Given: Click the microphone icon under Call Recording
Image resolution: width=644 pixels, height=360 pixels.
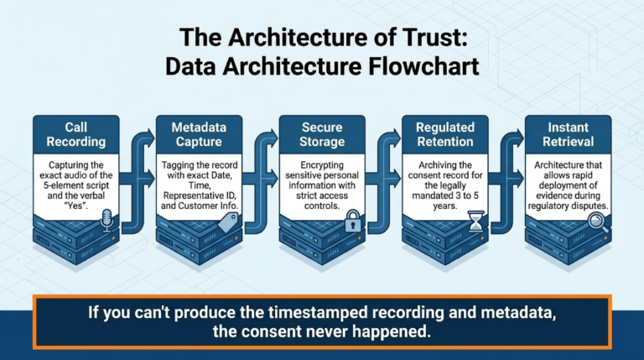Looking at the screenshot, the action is (106, 220).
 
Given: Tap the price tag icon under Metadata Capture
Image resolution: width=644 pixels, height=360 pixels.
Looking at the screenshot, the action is (228, 222).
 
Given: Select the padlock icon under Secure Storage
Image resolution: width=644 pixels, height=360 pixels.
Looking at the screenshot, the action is (353, 221).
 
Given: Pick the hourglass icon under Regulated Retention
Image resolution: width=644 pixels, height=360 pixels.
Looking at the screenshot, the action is (476, 222).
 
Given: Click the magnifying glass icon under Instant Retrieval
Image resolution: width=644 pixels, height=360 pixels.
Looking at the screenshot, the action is (598, 222).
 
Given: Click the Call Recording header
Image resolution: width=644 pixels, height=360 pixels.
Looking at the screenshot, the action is (76, 134).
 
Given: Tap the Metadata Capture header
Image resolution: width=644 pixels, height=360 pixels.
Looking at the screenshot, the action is (199, 134).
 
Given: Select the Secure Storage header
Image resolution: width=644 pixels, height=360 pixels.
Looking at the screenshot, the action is (322, 134).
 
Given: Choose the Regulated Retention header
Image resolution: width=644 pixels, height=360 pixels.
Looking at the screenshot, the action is (445, 134).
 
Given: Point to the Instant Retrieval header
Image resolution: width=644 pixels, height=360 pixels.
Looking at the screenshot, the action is (569, 134).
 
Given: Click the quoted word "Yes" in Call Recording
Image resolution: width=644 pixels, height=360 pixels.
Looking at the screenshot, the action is (76, 206).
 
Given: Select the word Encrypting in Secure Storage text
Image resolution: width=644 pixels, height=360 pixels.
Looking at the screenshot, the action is (322, 164).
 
